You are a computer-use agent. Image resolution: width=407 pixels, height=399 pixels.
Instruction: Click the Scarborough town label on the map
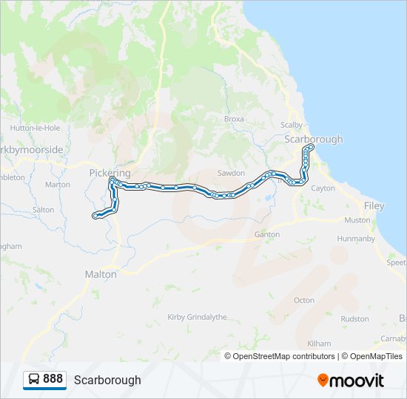(x=314, y=139)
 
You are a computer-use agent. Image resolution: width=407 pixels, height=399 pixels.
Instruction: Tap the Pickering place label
(x=110, y=173)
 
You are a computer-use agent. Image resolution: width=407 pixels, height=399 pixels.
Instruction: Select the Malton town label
(x=101, y=274)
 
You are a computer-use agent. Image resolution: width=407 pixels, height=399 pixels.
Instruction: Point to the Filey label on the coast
(x=374, y=206)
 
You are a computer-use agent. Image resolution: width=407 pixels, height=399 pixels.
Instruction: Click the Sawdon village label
(x=231, y=173)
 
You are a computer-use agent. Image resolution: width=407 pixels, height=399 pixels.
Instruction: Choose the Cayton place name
(x=323, y=188)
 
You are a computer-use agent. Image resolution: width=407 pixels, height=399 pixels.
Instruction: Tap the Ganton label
(x=267, y=234)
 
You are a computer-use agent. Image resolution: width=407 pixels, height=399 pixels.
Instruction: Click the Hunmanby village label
(x=356, y=239)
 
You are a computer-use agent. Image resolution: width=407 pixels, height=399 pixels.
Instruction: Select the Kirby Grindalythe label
(x=197, y=316)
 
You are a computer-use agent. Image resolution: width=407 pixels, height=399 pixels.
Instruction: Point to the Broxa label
(x=234, y=119)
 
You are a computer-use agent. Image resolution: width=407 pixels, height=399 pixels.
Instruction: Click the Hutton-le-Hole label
(x=35, y=128)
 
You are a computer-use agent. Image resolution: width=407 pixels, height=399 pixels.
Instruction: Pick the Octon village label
(x=304, y=300)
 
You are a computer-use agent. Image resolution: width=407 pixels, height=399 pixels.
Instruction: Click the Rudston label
(x=354, y=319)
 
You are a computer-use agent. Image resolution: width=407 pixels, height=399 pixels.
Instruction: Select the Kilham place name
(x=319, y=344)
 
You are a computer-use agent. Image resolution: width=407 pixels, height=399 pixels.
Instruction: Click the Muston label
(x=357, y=220)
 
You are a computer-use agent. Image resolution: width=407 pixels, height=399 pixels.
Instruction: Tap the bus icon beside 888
(x=34, y=380)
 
